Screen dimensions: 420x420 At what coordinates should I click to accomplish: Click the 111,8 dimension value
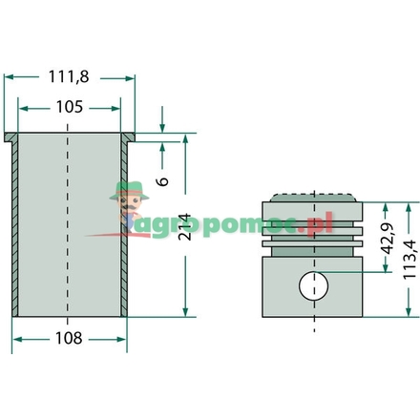click(69, 76)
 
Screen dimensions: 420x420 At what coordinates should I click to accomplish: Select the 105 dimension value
click(70, 107)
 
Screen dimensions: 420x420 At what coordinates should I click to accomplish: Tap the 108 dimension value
click(69, 338)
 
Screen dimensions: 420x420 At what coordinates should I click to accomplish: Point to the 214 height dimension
click(184, 227)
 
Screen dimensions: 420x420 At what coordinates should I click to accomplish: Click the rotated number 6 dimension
click(162, 181)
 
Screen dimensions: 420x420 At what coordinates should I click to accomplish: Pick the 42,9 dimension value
click(388, 239)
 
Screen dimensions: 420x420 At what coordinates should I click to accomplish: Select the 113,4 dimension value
click(409, 260)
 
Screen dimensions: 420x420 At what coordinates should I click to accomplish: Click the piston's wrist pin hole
click(314, 285)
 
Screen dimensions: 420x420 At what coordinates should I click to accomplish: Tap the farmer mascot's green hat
click(130, 191)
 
